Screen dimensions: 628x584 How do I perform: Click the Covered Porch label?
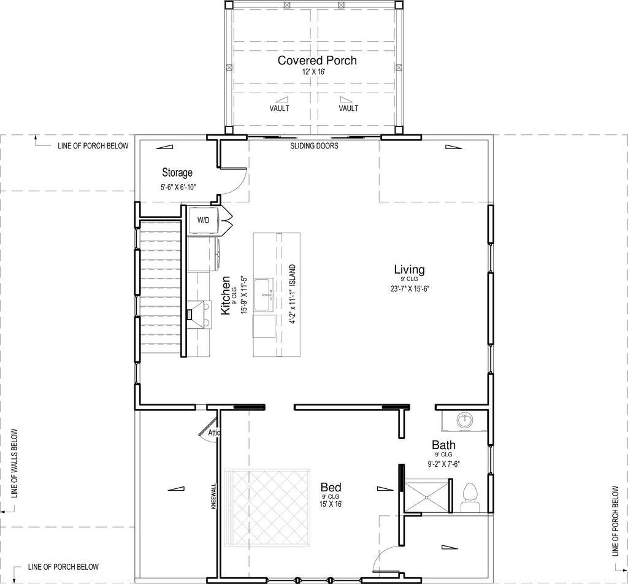[317, 61]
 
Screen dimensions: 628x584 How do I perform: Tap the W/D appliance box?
[203, 220]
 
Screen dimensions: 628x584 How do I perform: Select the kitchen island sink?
[263, 294]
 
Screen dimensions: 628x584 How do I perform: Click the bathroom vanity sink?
[465, 420]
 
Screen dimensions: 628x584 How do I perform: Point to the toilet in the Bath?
[470, 498]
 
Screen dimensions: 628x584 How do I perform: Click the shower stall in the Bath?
[427, 496]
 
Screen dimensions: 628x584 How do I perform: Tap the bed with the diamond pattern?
[267, 507]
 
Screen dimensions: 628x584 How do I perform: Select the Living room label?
[409, 269]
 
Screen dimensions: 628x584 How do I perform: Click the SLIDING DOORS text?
[315, 146]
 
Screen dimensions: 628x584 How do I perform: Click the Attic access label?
[213, 432]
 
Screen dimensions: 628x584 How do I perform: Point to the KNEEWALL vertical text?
[213, 496]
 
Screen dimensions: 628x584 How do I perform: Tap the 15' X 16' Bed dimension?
[331, 504]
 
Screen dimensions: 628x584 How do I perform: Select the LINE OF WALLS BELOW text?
[15, 463]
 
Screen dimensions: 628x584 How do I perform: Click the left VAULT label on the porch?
[279, 108]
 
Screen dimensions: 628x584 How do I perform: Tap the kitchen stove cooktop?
[199, 315]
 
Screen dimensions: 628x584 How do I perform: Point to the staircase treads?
[159, 286]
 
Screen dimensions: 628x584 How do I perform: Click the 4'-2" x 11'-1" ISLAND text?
[293, 294]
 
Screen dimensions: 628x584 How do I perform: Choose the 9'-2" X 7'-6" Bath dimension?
[444, 464]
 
